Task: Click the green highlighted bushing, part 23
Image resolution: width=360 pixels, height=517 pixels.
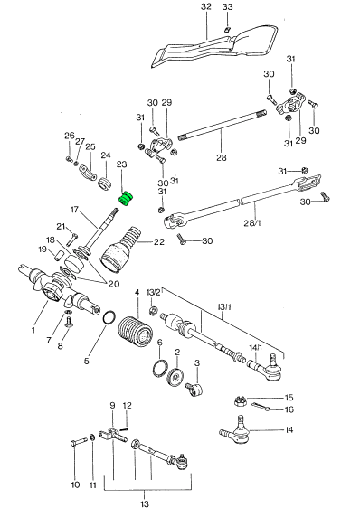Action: tap(126, 199)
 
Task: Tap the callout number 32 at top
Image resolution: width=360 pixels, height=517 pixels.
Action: tap(206, 7)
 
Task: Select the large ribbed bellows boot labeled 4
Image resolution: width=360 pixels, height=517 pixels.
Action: tap(136, 332)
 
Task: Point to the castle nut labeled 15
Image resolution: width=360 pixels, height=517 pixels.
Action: tap(240, 401)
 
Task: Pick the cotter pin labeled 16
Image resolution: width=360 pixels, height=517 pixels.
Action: tap(262, 407)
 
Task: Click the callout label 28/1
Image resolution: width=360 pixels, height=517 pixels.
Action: tap(252, 223)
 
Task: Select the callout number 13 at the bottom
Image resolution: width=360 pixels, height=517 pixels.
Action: tap(145, 503)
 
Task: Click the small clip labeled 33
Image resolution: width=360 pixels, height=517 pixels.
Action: tap(227, 30)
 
